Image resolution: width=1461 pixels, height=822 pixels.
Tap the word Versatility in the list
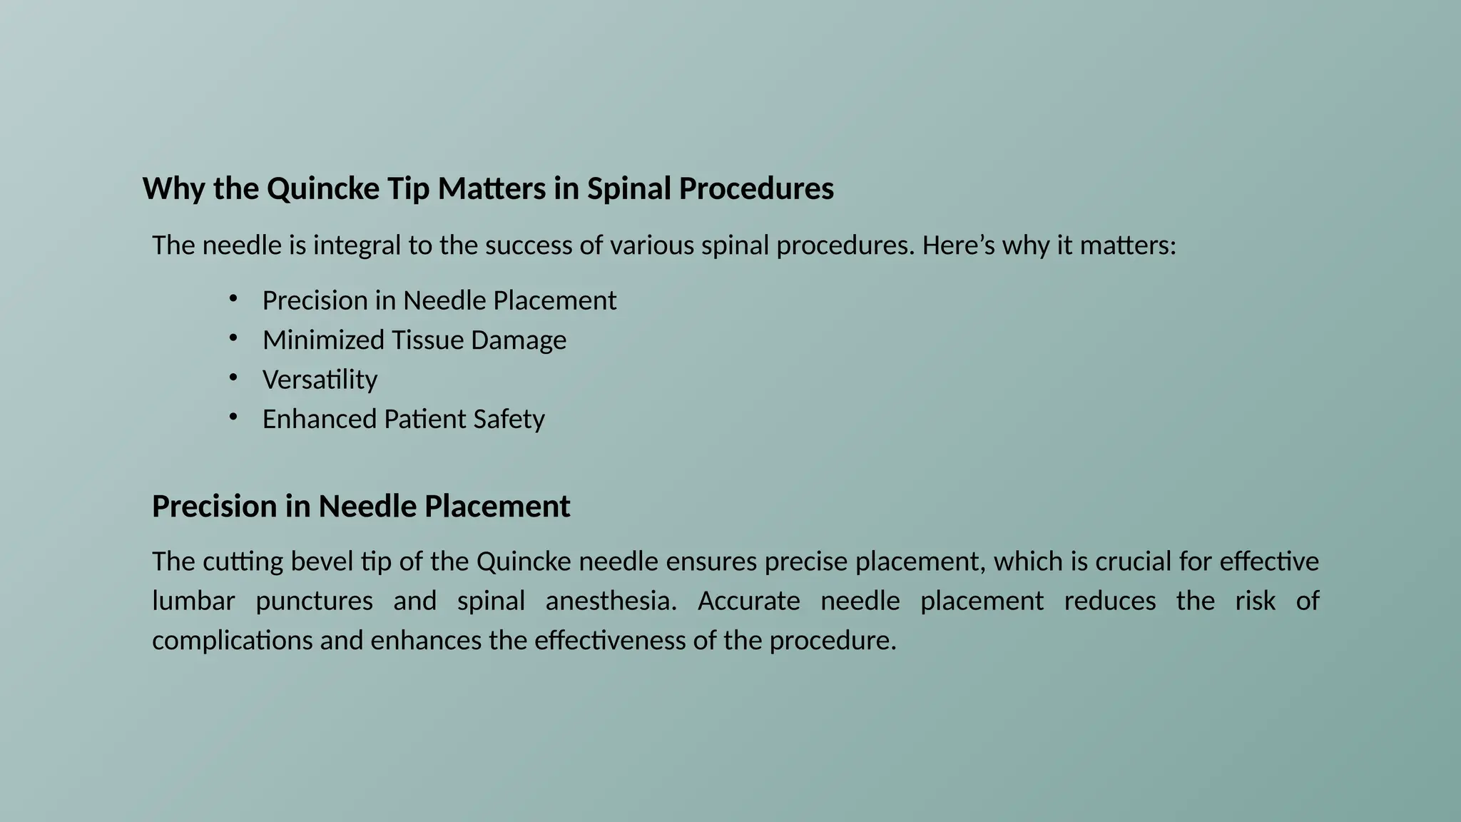pyautogui.click(x=320, y=380)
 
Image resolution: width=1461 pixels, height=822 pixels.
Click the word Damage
pyautogui.click(x=519, y=340)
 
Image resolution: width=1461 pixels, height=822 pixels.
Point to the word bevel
pyautogui.click(x=321, y=562)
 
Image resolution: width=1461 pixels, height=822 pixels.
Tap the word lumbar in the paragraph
pyautogui.click(x=193, y=601)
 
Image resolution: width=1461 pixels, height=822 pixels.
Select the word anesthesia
pyautogui.click(x=611, y=601)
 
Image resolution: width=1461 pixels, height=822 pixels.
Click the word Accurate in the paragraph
pyautogui.click(x=748, y=601)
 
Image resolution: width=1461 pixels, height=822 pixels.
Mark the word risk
pyautogui.click(x=1255, y=601)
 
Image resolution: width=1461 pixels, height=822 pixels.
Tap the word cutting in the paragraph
pyautogui.click(x=233, y=562)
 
